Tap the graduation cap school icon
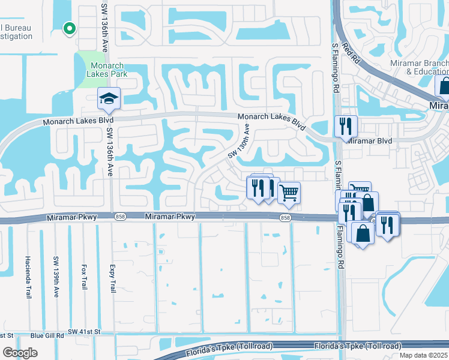[109, 98]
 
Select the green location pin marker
[69, 28]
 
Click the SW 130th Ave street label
[238, 142]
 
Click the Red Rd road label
[350, 54]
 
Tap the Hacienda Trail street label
[28, 277]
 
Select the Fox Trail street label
[84, 275]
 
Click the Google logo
[20, 353]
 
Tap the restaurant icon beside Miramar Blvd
[346, 126]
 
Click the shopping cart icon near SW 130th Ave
[289, 193]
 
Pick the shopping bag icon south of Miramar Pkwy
[363, 233]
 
